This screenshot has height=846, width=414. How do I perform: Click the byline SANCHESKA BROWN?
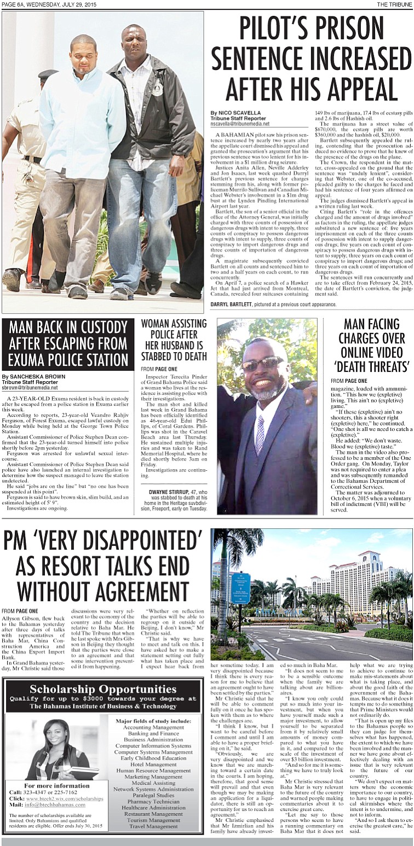[x=33, y=376]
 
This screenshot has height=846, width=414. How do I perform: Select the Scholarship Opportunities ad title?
[x=103, y=689]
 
